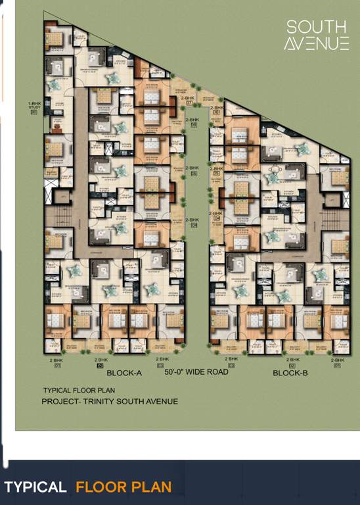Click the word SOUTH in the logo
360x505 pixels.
317,27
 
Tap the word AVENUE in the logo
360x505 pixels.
317,43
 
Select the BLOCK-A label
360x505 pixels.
124,373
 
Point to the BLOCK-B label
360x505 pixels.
290,373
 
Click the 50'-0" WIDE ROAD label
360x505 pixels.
196,372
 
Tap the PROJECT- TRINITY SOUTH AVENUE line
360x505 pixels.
110,401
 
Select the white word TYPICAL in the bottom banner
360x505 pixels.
35,487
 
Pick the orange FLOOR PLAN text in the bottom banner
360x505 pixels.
124,487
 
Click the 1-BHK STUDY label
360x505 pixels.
34,107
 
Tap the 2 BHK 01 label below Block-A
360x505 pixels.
57,362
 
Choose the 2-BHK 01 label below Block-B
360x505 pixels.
337,362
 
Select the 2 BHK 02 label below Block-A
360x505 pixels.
101,362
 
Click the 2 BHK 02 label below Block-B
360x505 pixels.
292,362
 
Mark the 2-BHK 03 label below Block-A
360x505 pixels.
160,362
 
